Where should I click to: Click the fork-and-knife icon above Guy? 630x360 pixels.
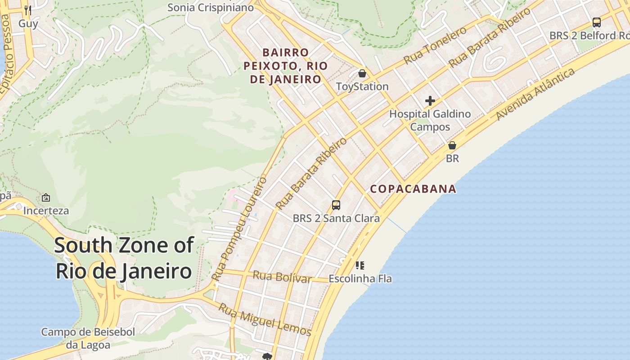[28, 10]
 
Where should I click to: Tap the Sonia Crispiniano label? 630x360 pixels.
[211, 8]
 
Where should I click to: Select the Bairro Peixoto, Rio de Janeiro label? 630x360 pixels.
[283, 66]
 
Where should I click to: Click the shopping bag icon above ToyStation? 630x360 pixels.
[362, 73]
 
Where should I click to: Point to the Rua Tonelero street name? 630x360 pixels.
[435, 45]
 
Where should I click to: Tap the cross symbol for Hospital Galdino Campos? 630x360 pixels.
[430, 101]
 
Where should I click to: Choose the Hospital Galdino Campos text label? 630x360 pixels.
[430, 120]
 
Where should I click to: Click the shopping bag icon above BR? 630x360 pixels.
[452, 145]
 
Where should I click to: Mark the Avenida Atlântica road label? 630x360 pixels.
[535, 94]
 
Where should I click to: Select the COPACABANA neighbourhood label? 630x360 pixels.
[413, 189]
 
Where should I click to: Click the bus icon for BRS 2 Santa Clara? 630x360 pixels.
[336, 205]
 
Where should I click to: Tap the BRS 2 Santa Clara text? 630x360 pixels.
[336, 219]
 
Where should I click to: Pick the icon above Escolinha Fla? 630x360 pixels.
[360, 265]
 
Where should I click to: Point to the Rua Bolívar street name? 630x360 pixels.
[282, 277]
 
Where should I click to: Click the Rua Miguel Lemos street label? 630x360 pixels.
[265, 320]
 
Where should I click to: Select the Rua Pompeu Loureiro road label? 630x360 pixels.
[239, 229]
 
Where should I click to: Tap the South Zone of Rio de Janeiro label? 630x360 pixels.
[124, 258]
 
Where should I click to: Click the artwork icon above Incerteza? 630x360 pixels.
[46, 198]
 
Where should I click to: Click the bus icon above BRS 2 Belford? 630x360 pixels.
[597, 22]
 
